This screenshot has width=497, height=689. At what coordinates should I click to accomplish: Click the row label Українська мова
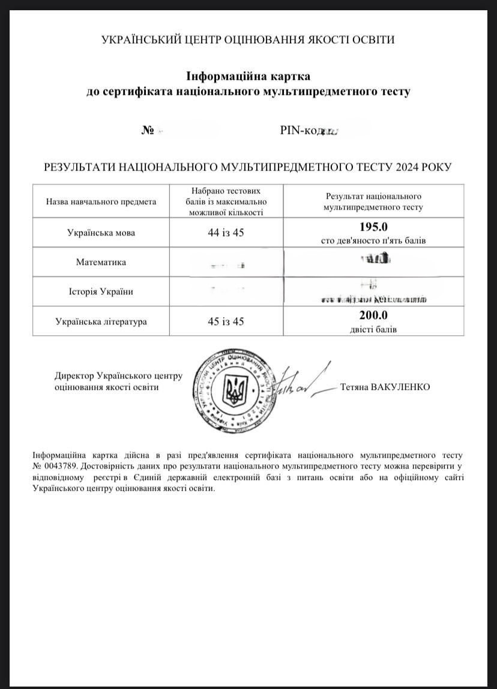pos(101,233)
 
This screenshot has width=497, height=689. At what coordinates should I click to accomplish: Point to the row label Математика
pos(101,263)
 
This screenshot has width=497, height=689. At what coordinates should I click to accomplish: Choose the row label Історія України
pos(101,292)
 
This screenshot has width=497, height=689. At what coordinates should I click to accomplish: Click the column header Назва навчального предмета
pos(101,202)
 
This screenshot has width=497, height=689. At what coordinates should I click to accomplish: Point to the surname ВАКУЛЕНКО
pos(400,387)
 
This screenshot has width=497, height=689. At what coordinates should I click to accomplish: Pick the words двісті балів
pos(373,329)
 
